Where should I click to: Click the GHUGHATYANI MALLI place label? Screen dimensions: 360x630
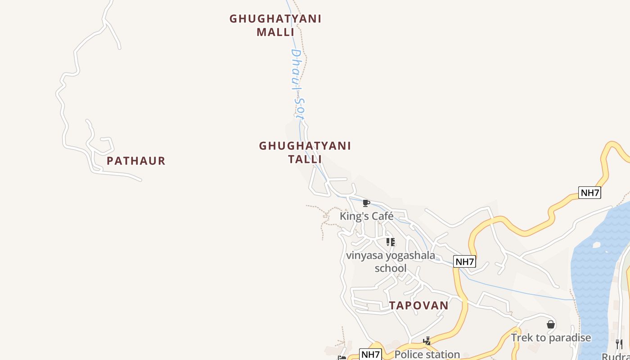click(x=275, y=25)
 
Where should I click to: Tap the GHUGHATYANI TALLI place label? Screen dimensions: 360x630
click(x=305, y=152)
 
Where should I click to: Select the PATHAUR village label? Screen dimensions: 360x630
click(x=136, y=161)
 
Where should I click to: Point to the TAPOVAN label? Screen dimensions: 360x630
click(x=418, y=305)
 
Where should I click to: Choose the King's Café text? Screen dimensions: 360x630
click(x=366, y=216)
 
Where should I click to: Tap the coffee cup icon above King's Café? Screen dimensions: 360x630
click(x=366, y=203)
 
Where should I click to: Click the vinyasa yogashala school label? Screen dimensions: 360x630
click(x=390, y=262)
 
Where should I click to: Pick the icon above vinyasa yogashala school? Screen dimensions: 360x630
click(x=390, y=242)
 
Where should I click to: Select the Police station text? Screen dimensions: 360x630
click(x=427, y=354)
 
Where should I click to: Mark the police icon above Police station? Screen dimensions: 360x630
click(x=427, y=341)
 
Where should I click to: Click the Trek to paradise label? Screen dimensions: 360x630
click(x=550, y=337)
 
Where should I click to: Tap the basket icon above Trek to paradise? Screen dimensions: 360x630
click(x=550, y=324)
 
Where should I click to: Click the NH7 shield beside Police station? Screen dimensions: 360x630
click(x=370, y=354)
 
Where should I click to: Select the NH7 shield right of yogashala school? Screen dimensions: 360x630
click(x=464, y=261)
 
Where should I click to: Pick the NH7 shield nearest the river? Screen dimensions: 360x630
click(x=589, y=193)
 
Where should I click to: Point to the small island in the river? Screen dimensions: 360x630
click(x=597, y=245)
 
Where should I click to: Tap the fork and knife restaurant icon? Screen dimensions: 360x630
click(x=619, y=344)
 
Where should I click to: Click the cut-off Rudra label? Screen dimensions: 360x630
click(x=616, y=356)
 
